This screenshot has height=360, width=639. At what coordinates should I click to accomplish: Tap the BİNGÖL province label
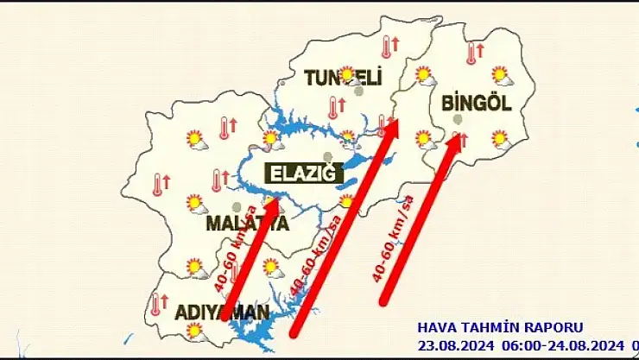pyautogui.click(x=476, y=103)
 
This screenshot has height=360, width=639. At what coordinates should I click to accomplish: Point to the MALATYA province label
pyautogui.click(x=246, y=224)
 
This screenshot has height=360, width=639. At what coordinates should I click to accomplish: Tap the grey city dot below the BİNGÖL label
pyautogui.click(x=458, y=118)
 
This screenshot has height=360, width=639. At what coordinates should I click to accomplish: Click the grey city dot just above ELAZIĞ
pyautogui.click(x=327, y=156)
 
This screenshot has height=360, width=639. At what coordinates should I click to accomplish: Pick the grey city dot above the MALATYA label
pyautogui.click(x=237, y=206)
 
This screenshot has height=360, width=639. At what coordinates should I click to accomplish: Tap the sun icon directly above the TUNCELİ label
pyautogui.click(x=347, y=74)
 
